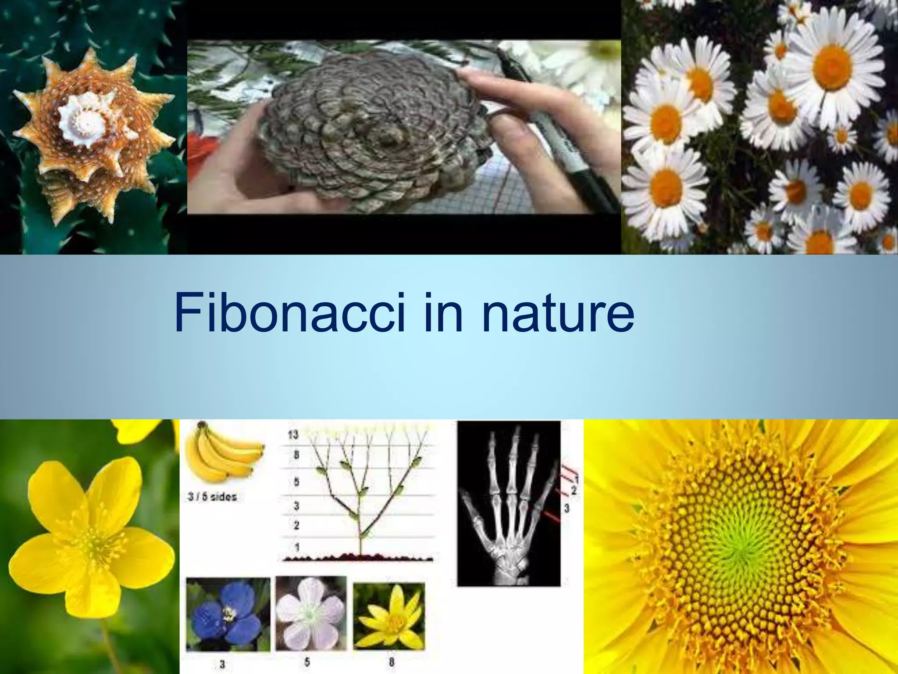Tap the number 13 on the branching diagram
coord(293,434)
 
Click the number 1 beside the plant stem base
coord(297,547)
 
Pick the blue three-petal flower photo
coord(228,614)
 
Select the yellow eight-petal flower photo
coord(389,616)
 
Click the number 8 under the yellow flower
coord(392,662)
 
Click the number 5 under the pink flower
coord(307,661)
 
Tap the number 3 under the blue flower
coord(222,664)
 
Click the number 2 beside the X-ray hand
coord(573,490)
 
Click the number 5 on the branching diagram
coord(296,482)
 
